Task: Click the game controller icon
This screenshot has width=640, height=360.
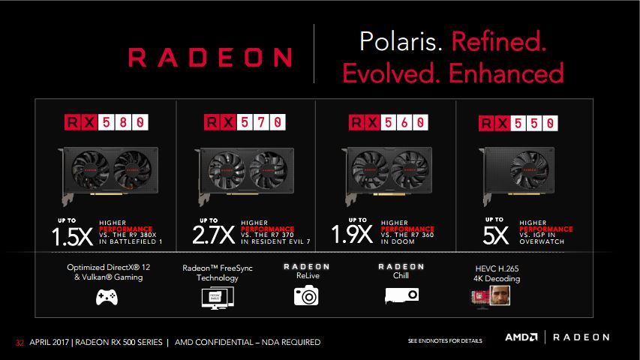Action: [x=105, y=298]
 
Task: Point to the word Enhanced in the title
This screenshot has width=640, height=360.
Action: [x=514, y=73]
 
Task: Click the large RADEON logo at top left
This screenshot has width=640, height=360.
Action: [x=211, y=58]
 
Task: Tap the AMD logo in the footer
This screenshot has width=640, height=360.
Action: [x=520, y=337]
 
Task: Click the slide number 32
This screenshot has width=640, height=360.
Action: [x=20, y=343]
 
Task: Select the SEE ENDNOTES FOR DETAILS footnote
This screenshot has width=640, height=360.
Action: [x=444, y=342]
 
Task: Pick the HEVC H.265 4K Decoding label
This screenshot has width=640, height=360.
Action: [x=491, y=273]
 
